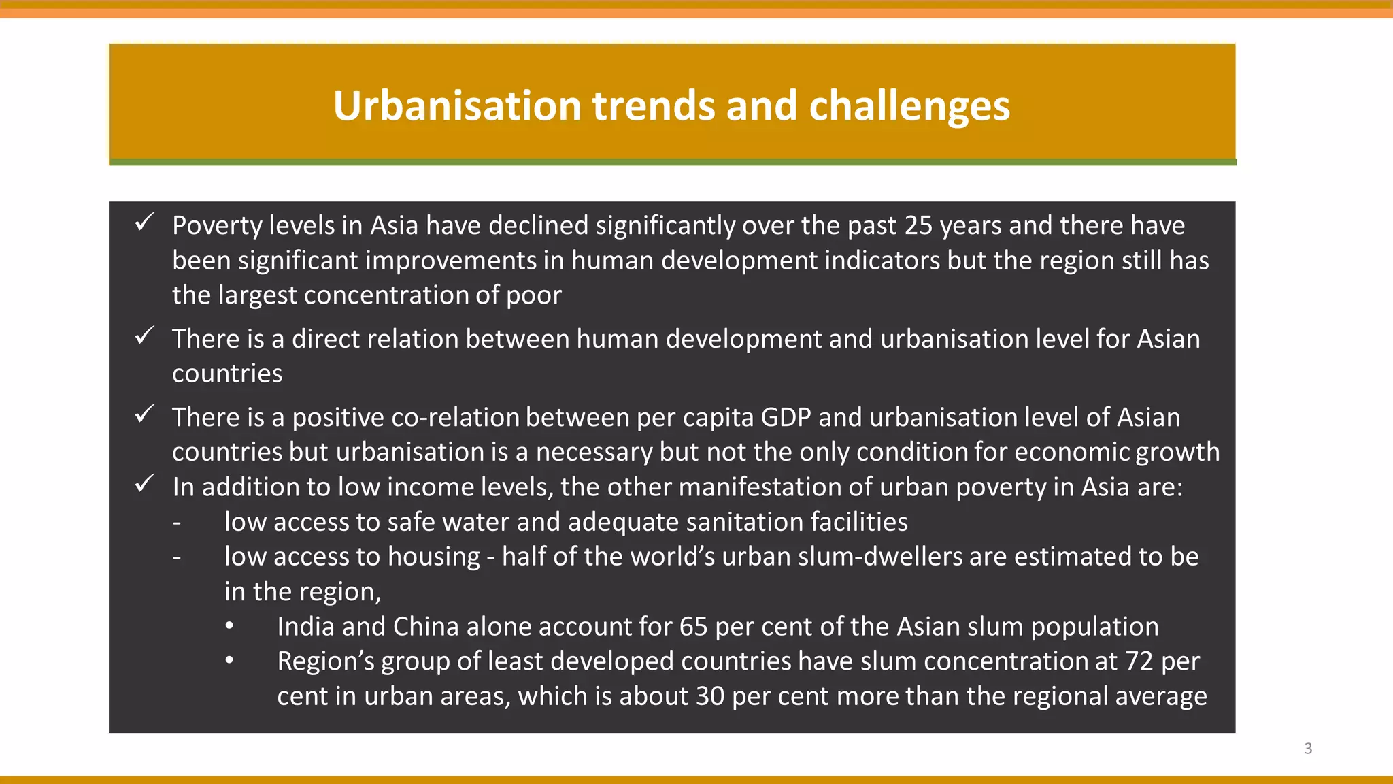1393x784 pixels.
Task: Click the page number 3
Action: [x=1308, y=749]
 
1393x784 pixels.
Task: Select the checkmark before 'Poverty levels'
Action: [x=144, y=223]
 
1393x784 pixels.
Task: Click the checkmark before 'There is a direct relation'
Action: [x=144, y=336]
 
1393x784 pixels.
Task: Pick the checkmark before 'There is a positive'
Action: [x=144, y=414]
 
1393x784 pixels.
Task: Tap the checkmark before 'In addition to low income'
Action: [x=144, y=484]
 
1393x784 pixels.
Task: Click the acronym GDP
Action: [x=786, y=418]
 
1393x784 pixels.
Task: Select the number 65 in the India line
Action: [x=693, y=627]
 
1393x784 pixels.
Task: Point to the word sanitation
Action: [x=734, y=523]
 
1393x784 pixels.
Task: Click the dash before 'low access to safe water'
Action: [x=177, y=523]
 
